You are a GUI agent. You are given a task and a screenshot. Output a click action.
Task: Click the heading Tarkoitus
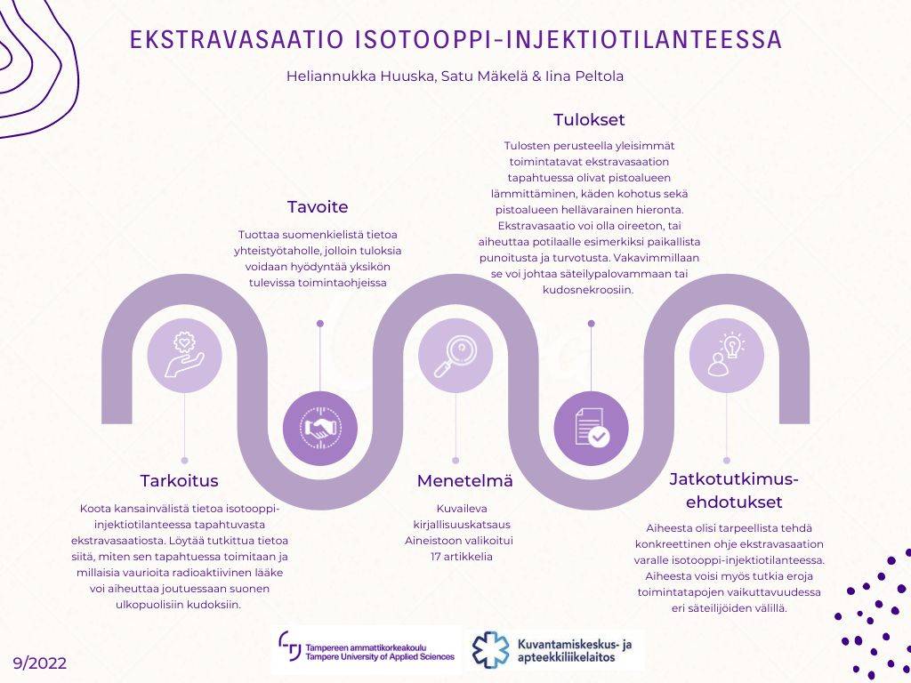pyautogui.click(x=179, y=481)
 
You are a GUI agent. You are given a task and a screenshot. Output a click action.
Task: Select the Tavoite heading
pyautogui.click(x=318, y=207)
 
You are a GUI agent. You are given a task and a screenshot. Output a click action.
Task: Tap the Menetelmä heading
pyautogui.click(x=464, y=481)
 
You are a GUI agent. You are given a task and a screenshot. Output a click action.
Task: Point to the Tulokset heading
pyautogui.click(x=589, y=120)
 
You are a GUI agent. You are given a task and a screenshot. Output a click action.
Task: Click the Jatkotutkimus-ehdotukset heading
pyautogui.click(x=734, y=489)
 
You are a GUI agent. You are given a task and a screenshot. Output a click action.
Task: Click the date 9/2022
pyautogui.click(x=40, y=663)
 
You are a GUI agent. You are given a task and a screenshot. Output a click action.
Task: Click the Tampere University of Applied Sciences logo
pyautogui.click(x=367, y=649)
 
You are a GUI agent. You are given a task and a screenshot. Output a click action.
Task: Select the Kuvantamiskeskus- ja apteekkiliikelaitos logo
pyautogui.click(x=557, y=650)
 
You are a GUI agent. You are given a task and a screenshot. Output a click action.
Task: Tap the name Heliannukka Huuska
pyautogui.click(x=359, y=76)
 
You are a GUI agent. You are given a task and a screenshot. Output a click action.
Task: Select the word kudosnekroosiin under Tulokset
pyautogui.click(x=588, y=289)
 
